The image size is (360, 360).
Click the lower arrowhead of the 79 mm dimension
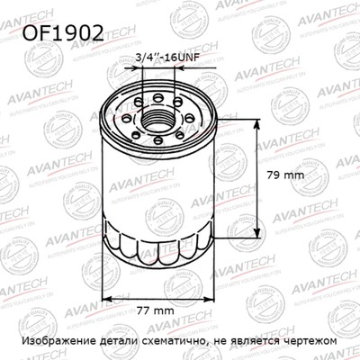click(x=261, y=231)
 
